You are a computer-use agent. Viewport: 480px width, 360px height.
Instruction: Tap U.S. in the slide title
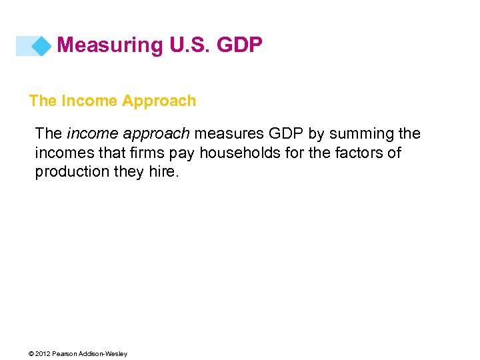[185, 45]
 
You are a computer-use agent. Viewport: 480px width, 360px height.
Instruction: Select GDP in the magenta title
[239, 45]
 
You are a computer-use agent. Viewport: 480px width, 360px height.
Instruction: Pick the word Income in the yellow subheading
[87, 101]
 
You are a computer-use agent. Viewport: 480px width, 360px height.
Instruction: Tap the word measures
[226, 134]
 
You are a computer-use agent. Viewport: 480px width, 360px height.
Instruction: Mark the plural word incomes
[62, 153]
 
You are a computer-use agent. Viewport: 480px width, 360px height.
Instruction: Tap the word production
[71, 172]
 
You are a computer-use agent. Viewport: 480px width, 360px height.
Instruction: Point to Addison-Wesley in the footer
[104, 353]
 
